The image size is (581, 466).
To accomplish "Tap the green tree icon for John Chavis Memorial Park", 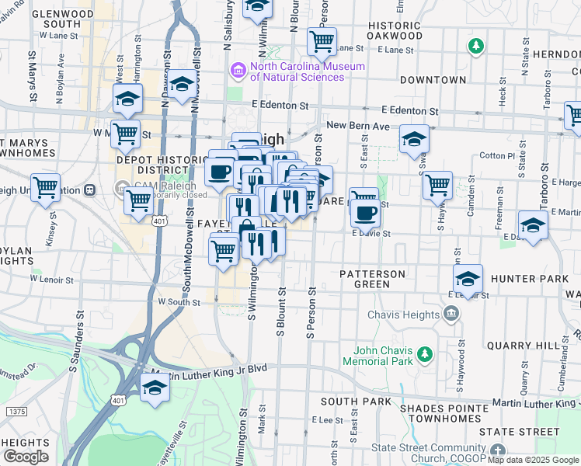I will point(424,355).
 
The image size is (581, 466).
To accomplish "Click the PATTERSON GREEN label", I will point(372,279).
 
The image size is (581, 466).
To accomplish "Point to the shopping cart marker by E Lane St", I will point(322,40).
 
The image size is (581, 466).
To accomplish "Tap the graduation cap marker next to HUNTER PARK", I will point(468,279).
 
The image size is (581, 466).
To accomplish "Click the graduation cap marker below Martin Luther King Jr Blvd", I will point(155,388).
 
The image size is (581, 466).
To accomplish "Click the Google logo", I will point(26,457).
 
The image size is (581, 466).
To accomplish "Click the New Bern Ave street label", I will point(356,125).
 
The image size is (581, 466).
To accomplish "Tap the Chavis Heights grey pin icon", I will point(451,313).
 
